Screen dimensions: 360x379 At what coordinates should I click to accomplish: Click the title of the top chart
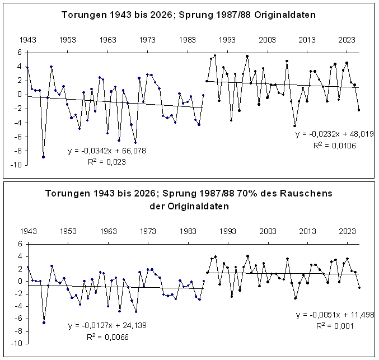tap(189, 15)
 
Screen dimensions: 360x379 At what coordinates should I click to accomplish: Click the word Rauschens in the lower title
tap(305, 193)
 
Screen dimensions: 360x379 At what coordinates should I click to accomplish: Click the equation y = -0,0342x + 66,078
tap(106, 151)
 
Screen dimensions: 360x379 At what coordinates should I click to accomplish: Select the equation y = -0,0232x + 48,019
tap(334, 134)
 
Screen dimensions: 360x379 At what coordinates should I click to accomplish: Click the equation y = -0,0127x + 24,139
tap(107, 325)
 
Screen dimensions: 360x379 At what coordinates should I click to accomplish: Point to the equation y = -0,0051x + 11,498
tap(334, 315)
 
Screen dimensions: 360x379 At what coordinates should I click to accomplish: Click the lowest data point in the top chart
tap(43, 157)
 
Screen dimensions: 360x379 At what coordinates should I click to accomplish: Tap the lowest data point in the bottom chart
tap(43, 322)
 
